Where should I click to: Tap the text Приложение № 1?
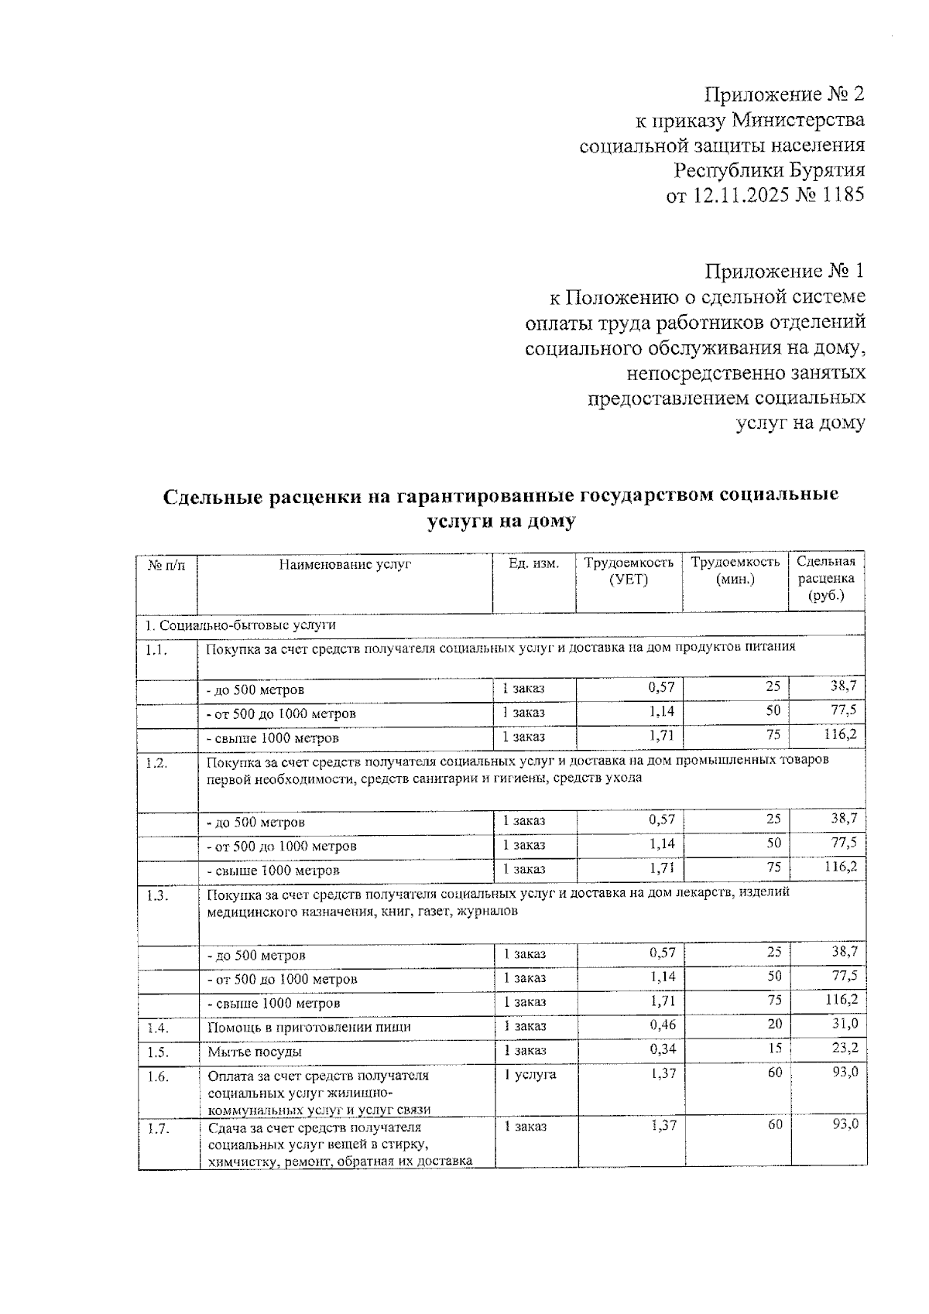(783, 271)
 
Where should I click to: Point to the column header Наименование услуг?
(345, 564)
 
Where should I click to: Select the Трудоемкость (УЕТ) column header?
(629, 571)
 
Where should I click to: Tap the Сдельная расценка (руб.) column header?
(825, 579)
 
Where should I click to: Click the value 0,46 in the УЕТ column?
(663, 1025)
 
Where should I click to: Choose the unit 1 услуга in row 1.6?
(530, 1074)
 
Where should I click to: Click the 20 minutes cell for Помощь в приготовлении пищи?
(774, 1025)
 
